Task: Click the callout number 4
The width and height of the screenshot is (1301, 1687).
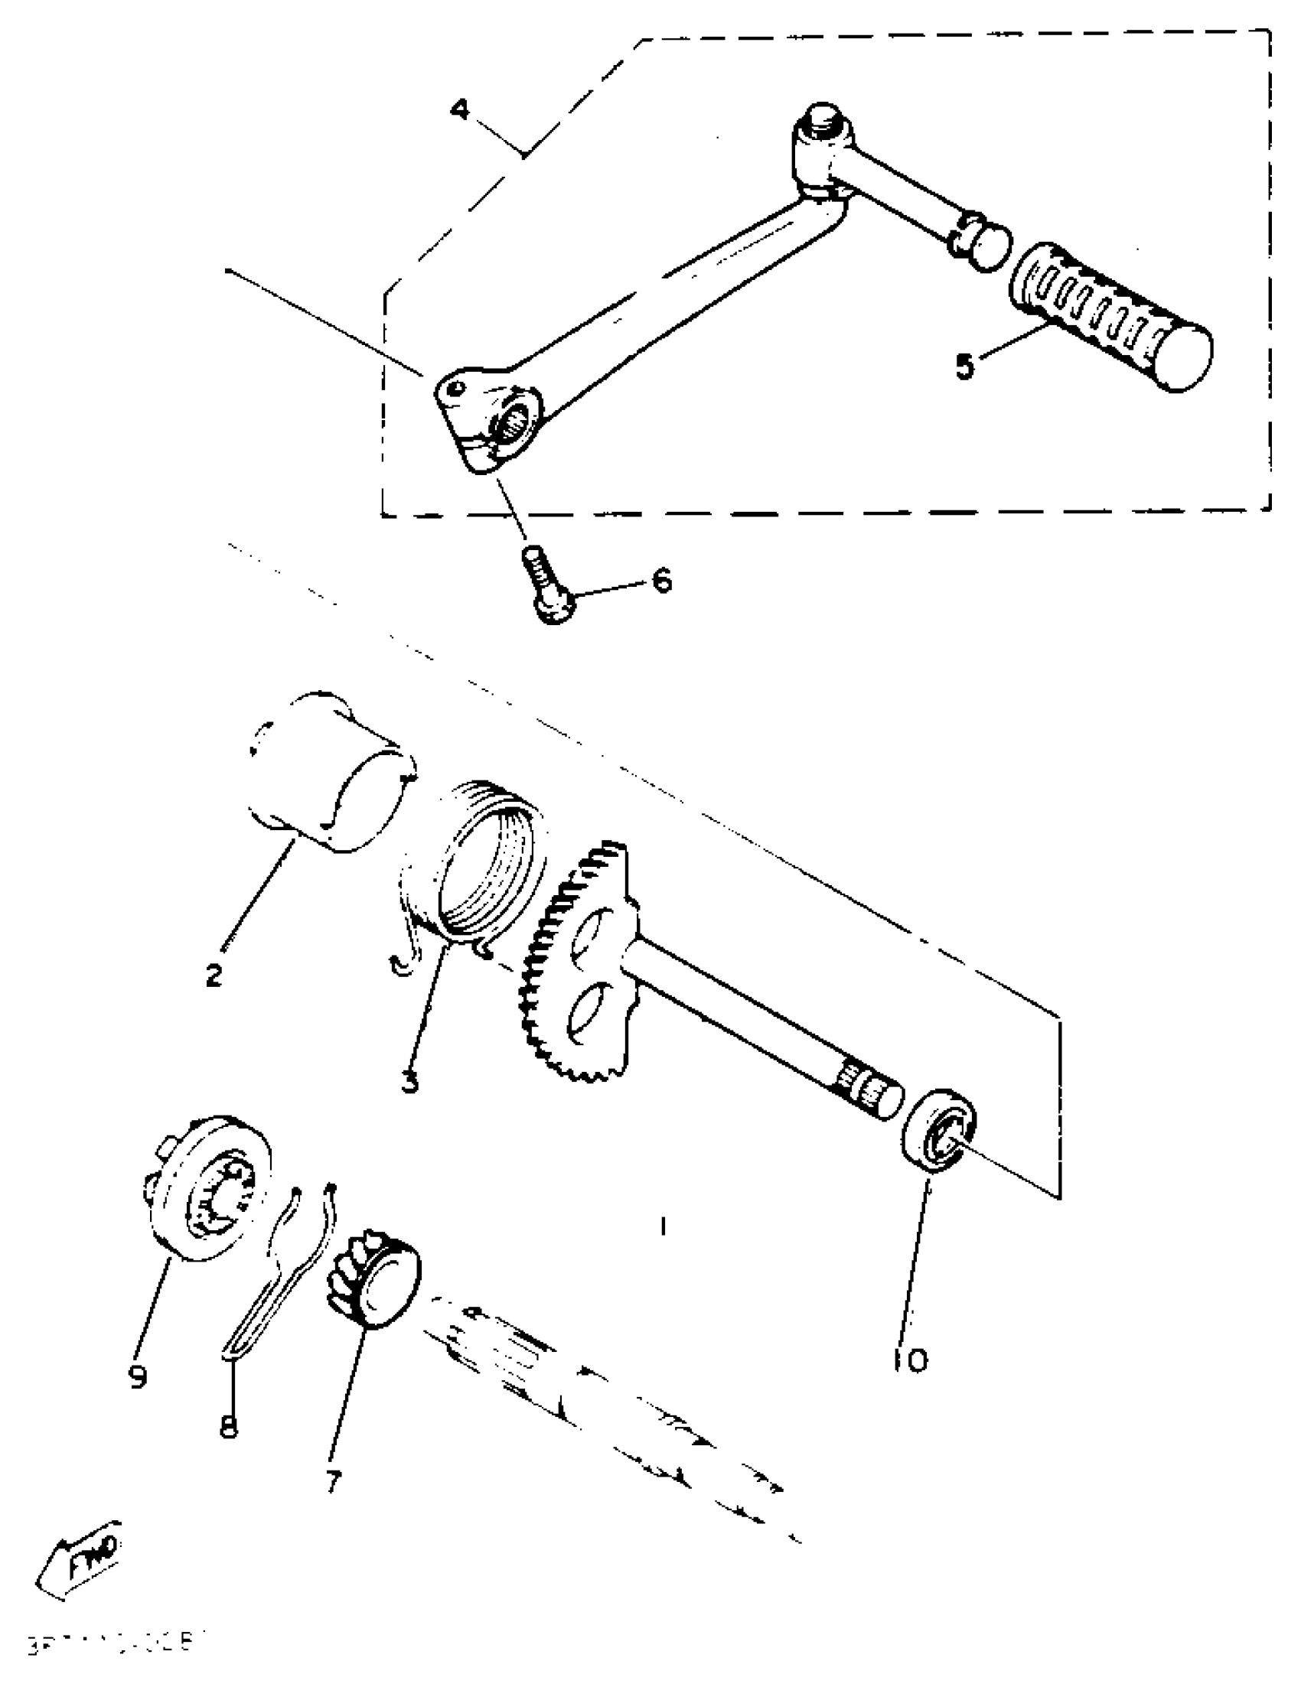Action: tap(460, 109)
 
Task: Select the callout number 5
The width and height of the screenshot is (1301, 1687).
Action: tap(964, 366)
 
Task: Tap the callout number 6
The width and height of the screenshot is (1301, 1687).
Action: tap(662, 580)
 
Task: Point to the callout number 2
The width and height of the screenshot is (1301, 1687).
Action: tap(214, 975)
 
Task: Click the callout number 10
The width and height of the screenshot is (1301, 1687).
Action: tap(911, 1360)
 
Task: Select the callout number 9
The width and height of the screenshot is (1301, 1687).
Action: tap(139, 1376)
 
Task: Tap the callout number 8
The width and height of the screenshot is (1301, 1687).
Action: tap(228, 1428)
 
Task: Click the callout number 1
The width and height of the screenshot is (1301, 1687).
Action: tap(663, 1225)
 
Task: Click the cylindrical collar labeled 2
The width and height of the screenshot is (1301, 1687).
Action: tap(332, 773)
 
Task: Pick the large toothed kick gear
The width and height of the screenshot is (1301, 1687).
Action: tap(579, 966)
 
